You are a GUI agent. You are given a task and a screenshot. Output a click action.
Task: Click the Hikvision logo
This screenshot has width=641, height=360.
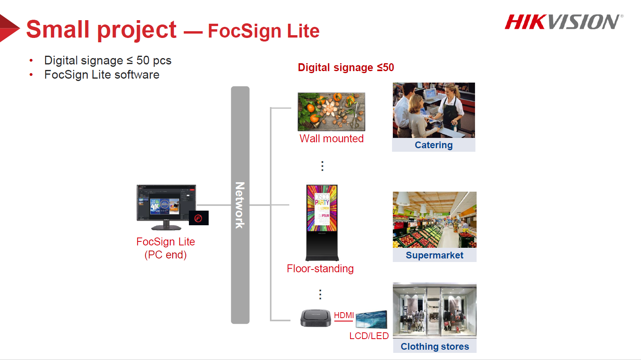564,22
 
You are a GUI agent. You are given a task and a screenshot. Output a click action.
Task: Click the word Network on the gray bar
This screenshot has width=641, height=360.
240,205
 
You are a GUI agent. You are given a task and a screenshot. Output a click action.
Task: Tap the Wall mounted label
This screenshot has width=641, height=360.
332,138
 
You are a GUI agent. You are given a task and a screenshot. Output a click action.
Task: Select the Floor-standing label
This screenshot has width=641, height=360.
320,268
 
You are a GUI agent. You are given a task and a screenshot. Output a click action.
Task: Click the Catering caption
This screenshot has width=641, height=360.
434,145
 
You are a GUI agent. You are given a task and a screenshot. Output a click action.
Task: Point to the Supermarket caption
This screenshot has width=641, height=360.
434,255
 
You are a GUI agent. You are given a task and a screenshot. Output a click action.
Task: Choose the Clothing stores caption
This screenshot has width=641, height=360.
435,346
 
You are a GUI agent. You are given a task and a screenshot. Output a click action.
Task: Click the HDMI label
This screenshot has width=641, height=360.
344,315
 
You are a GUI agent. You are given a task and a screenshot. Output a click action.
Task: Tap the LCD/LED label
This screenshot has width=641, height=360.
369,335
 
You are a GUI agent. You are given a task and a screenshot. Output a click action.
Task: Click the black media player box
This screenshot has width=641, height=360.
316,318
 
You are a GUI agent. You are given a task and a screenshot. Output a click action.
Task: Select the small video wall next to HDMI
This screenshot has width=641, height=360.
371,319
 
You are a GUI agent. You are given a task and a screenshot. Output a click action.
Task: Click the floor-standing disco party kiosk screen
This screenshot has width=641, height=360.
322,208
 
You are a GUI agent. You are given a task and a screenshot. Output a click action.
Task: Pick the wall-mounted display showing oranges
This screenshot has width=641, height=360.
332,111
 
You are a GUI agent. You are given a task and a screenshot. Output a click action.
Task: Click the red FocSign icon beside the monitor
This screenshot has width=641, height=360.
199,218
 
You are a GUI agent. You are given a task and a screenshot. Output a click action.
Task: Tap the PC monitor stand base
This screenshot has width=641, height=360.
166,228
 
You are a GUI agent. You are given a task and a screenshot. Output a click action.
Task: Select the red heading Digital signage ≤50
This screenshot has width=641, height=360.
346,68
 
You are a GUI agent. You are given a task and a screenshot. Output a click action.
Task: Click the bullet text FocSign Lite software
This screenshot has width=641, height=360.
102,75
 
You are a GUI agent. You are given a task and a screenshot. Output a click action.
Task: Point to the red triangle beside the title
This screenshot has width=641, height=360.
9,28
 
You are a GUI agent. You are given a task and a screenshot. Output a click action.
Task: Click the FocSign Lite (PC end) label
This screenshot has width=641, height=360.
166,248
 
